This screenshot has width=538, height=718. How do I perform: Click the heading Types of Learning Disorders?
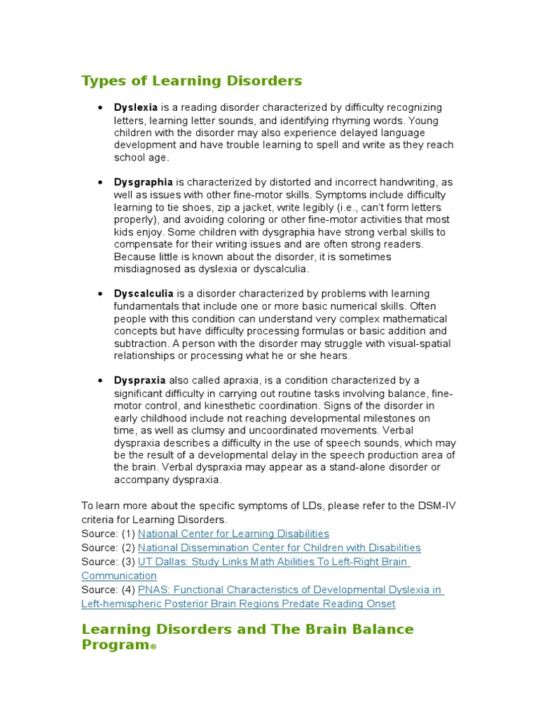pyautogui.click(x=192, y=81)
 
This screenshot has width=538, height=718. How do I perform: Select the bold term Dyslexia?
pyautogui.click(x=136, y=107)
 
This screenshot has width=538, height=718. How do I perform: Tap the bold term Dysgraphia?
pyautogui.click(x=143, y=182)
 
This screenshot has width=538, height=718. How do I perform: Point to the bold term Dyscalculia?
pyautogui.click(x=144, y=293)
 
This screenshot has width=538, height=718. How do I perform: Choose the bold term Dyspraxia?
pyautogui.click(x=140, y=380)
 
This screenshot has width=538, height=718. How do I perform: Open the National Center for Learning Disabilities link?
pyautogui.click(x=233, y=534)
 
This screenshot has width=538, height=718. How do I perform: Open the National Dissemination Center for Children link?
pyautogui.click(x=279, y=548)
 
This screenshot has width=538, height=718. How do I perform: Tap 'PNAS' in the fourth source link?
pyautogui.click(x=152, y=590)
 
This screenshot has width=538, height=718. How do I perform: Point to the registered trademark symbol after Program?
pyautogui.click(x=153, y=647)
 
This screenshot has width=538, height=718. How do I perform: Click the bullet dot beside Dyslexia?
pyautogui.click(x=100, y=107)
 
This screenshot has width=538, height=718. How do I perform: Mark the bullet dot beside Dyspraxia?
pyautogui.click(x=100, y=380)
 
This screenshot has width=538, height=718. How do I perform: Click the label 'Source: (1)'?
pyautogui.click(x=108, y=534)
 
